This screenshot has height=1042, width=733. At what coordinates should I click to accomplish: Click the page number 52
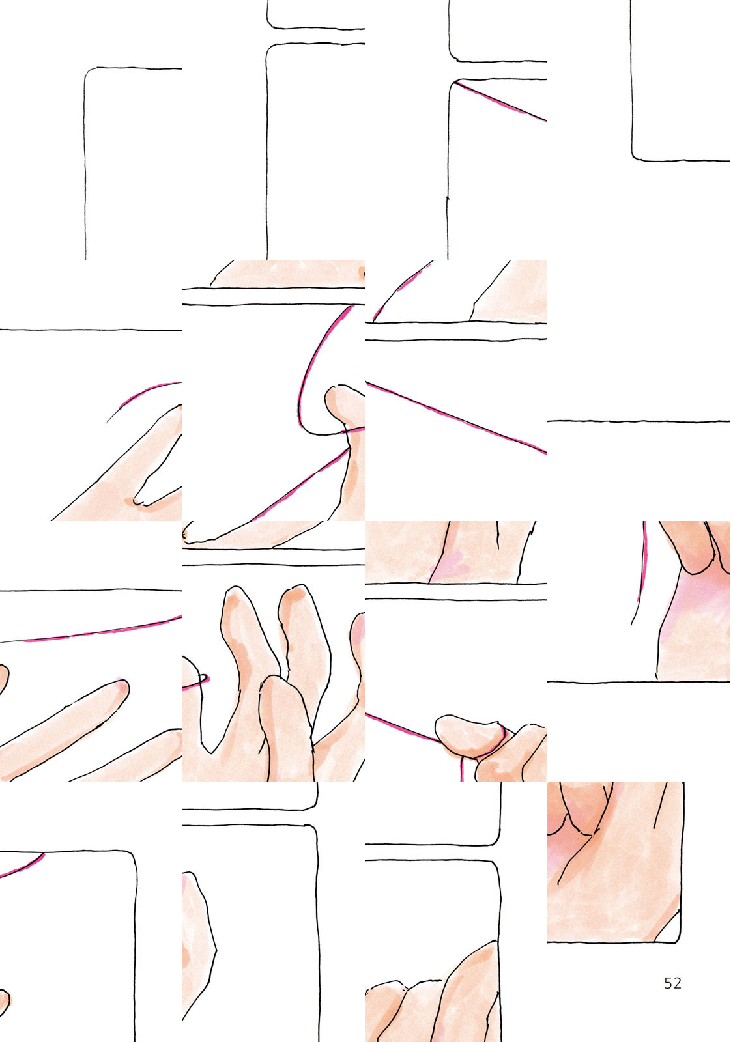pyautogui.click(x=672, y=983)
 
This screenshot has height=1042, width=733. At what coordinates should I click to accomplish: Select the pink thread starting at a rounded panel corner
pyautogui.click(x=500, y=102)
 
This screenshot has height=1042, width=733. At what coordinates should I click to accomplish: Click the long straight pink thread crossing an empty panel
pyautogui.click(x=456, y=417)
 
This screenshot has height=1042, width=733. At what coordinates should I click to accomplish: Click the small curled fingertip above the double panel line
pyautogui.click(x=190, y=535)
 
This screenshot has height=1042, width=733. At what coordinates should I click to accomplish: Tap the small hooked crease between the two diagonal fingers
pyautogui.click(x=138, y=502)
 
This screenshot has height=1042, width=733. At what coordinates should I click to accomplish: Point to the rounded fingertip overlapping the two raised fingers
pyautogui.click(x=278, y=688)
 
